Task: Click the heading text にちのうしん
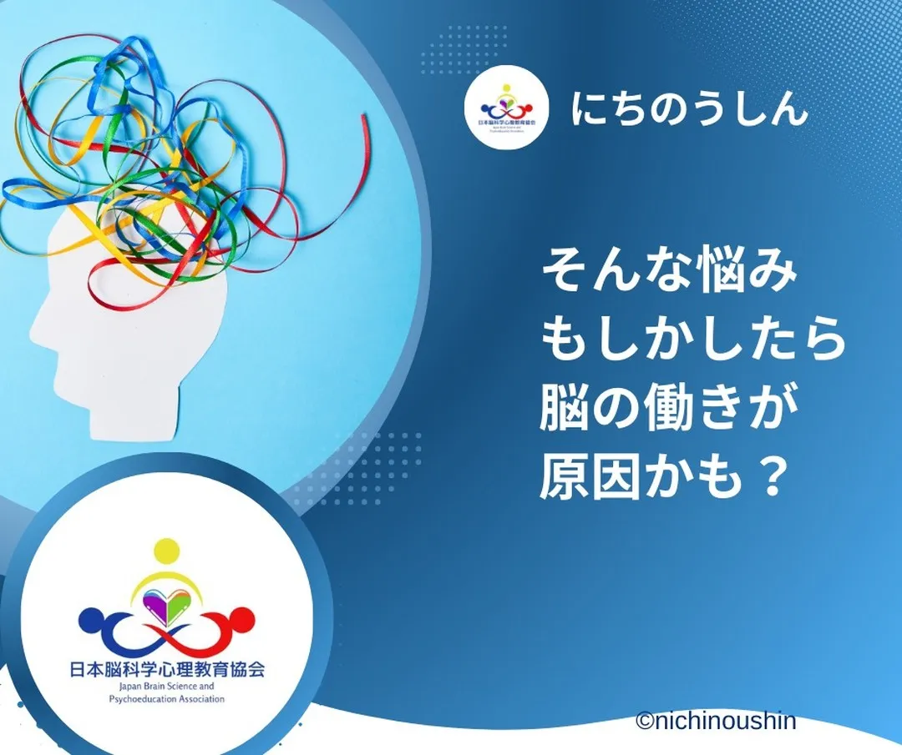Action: (690, 109)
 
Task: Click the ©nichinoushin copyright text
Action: (715, 721)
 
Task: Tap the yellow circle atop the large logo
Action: (167, 552)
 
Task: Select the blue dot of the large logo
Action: (90, 619)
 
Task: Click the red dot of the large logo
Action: (243, 619)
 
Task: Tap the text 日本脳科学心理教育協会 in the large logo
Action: (167, 669)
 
